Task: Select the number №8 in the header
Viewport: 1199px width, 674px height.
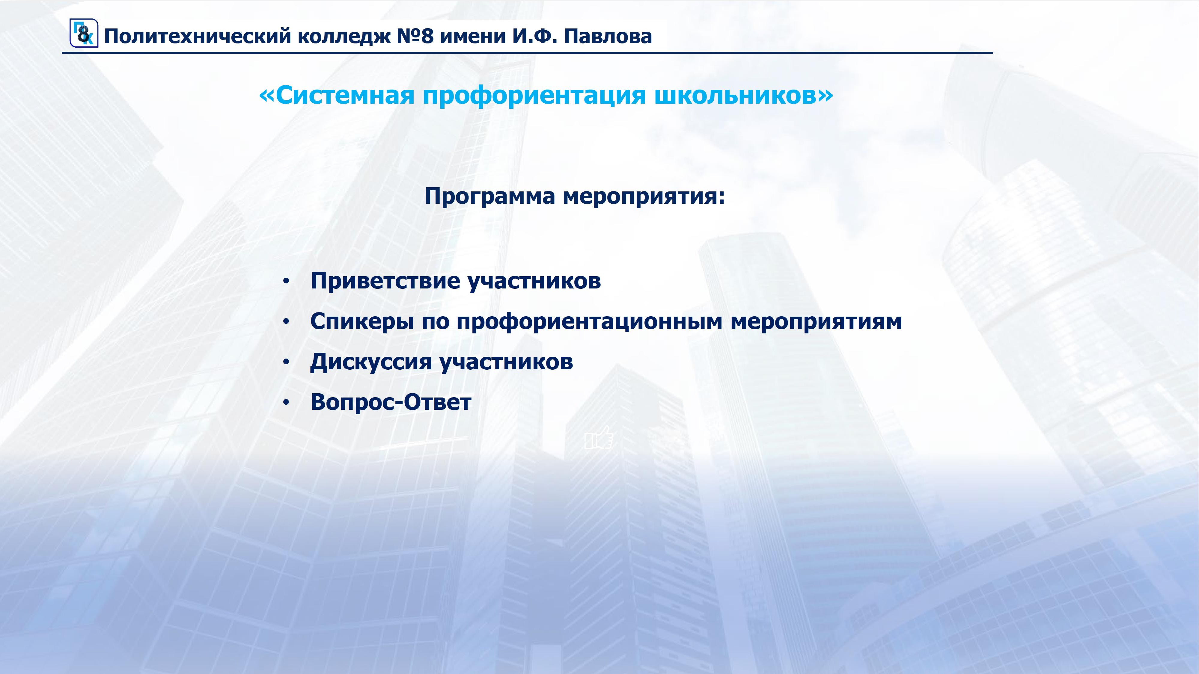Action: coord(415,36)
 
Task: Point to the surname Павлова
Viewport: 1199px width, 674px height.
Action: coord(608,36)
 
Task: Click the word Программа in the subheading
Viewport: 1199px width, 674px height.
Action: coord(490,196)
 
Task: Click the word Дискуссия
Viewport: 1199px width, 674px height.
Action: coord(371,362)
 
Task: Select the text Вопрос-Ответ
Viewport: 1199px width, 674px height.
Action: coord(391,402)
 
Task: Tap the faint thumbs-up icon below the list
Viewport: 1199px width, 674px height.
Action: coord(599,437)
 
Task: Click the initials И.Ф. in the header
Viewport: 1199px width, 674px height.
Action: coord(535,36)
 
